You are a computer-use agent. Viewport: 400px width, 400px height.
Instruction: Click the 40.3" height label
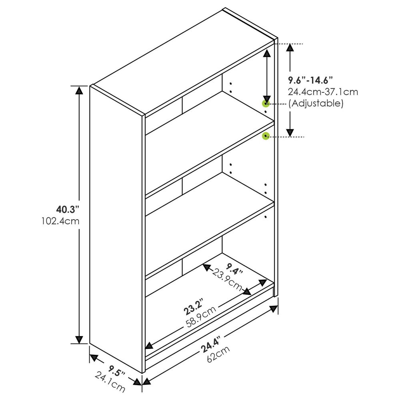tap(68, 209)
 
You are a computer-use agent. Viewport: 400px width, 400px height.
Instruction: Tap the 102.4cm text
tap(60, 221)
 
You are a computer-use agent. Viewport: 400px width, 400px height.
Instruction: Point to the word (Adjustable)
tap(316, 103)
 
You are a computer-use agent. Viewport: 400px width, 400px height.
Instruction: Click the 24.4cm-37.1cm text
tap(323, 92)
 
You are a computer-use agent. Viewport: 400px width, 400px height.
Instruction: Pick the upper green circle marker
tap(266, 104)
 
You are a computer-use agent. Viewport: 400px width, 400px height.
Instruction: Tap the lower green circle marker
tap(266, 136)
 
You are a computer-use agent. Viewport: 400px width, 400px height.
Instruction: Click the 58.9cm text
tap(201, 317)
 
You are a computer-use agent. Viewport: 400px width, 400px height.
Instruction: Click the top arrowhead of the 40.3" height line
tap(80, 90)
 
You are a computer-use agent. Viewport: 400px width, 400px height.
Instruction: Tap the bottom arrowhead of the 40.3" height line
tap(80, 339)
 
